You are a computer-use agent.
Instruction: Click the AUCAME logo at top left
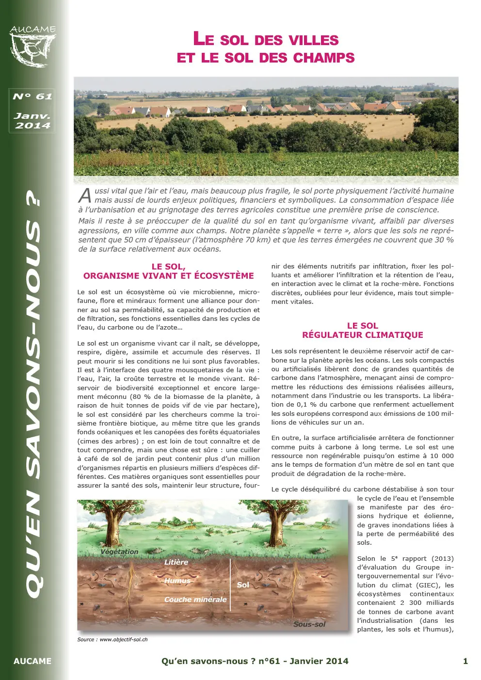point(32,46)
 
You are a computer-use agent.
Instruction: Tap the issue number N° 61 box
point(32,96)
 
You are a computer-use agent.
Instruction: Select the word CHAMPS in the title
point(324,58)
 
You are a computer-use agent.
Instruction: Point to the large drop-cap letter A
point(85,195)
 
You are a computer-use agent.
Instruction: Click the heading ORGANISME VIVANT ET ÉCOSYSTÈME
point(168,276)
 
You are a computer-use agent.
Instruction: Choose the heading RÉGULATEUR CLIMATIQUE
point(362,335)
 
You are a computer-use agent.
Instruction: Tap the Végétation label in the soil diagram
point(119,552)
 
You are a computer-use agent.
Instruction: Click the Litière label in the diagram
point(176,562)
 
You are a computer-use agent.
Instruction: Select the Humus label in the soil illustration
point(177,581)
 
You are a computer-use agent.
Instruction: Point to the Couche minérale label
point(195,600)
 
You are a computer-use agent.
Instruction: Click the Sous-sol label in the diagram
point(309,624)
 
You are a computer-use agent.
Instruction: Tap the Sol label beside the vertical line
point(243,585)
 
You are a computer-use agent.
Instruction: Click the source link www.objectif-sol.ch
point(123,640)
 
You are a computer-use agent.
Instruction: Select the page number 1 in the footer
point(465,661)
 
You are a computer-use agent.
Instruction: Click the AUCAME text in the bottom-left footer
point(32,661)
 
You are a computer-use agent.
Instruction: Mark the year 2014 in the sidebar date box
point(32,126)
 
